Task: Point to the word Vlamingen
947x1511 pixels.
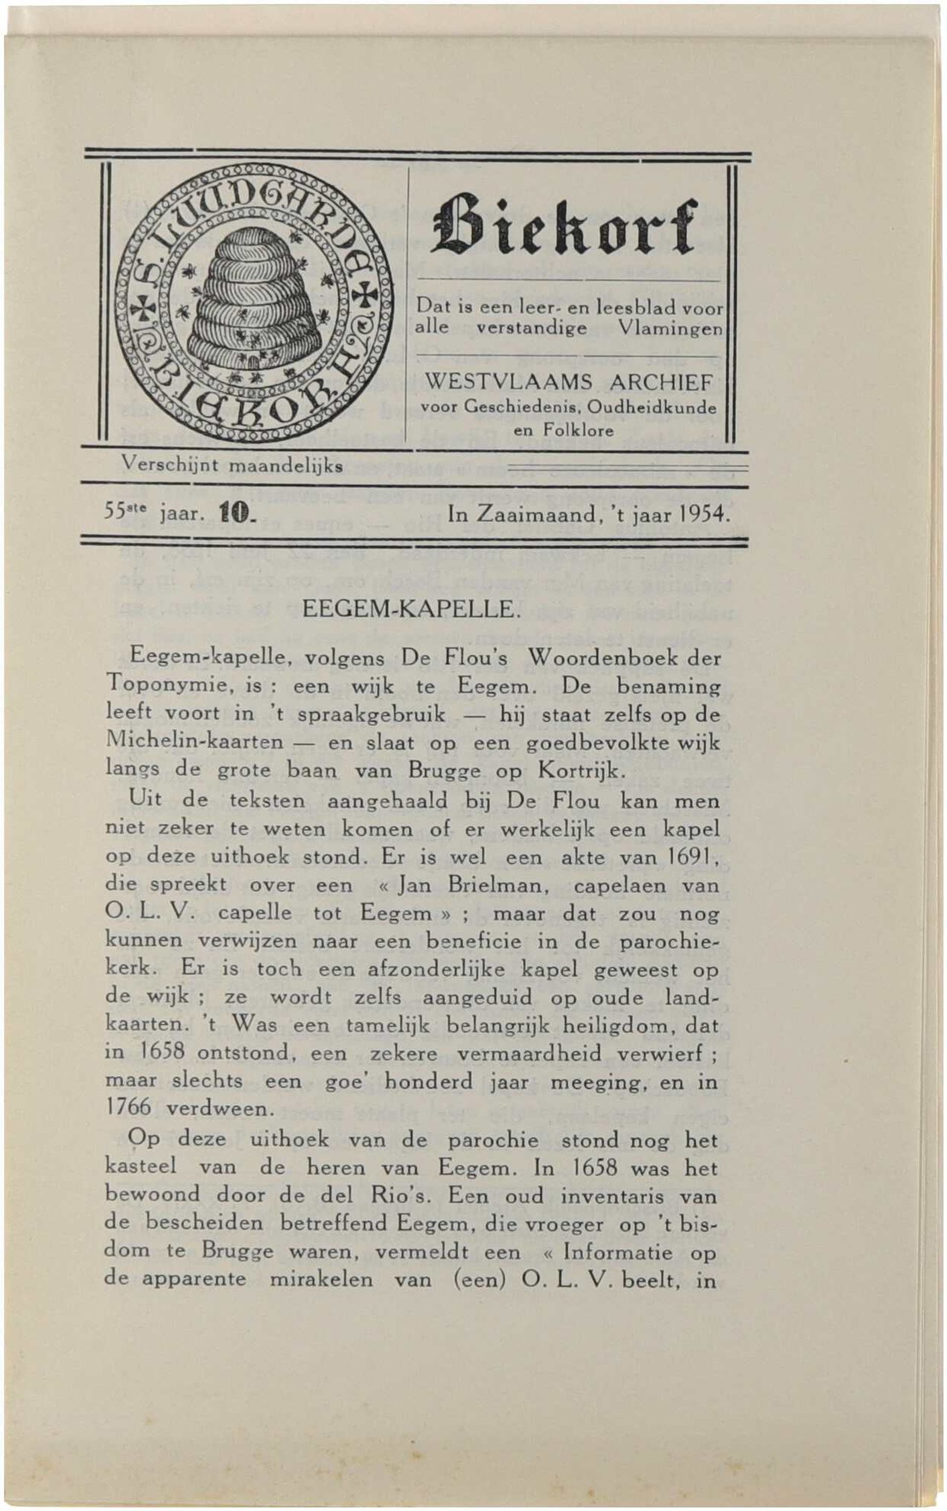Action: pos(670,328)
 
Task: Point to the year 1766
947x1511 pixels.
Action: pos(128,1109)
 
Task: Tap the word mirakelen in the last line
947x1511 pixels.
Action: pos(321,1280)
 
